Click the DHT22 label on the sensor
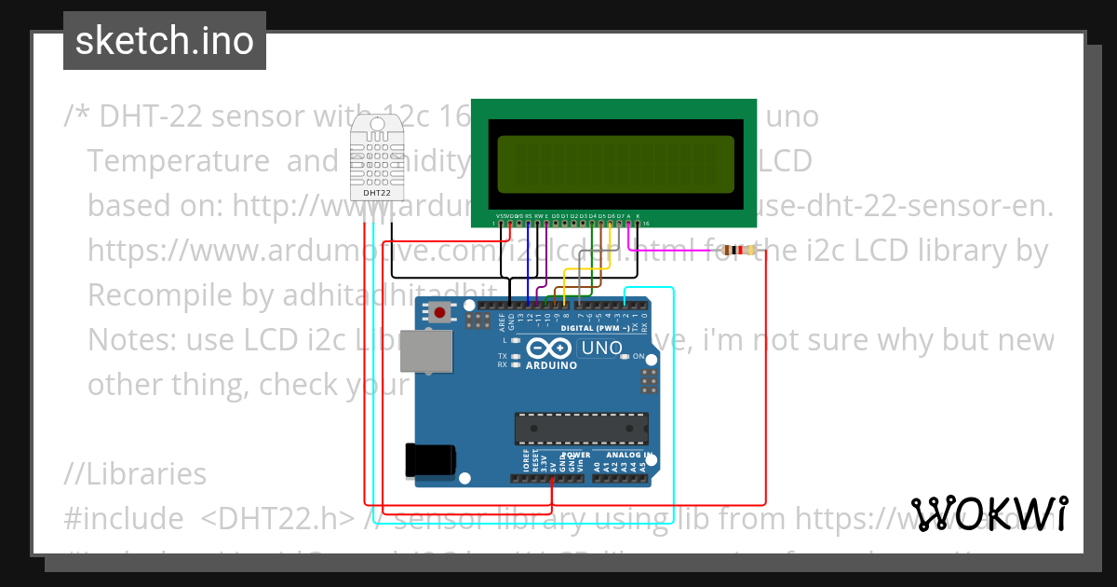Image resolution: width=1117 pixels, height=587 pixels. [x=376, y=193]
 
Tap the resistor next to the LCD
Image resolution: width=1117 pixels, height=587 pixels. [x=739, y=251]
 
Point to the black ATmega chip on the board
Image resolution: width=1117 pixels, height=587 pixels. [x=582, y=428]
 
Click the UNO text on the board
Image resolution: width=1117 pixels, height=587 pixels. [x=600, y=349]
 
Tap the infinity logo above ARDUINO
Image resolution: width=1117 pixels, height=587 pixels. [x=545, y=349]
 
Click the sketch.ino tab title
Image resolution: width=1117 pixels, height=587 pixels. [x=165, y=41]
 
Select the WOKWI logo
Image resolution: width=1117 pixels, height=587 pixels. [x=989, y=513]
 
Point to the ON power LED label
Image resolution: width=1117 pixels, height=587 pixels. [x=639, y=357]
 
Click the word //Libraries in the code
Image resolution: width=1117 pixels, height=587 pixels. [x=135, y=474]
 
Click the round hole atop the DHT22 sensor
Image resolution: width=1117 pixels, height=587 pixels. [x=376, y=123]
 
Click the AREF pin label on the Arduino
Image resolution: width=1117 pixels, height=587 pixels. [x=502, y=322]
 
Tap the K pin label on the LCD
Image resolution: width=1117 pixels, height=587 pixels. [x=638, y=215]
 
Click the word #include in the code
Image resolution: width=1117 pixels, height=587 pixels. [x=123, y=518]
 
